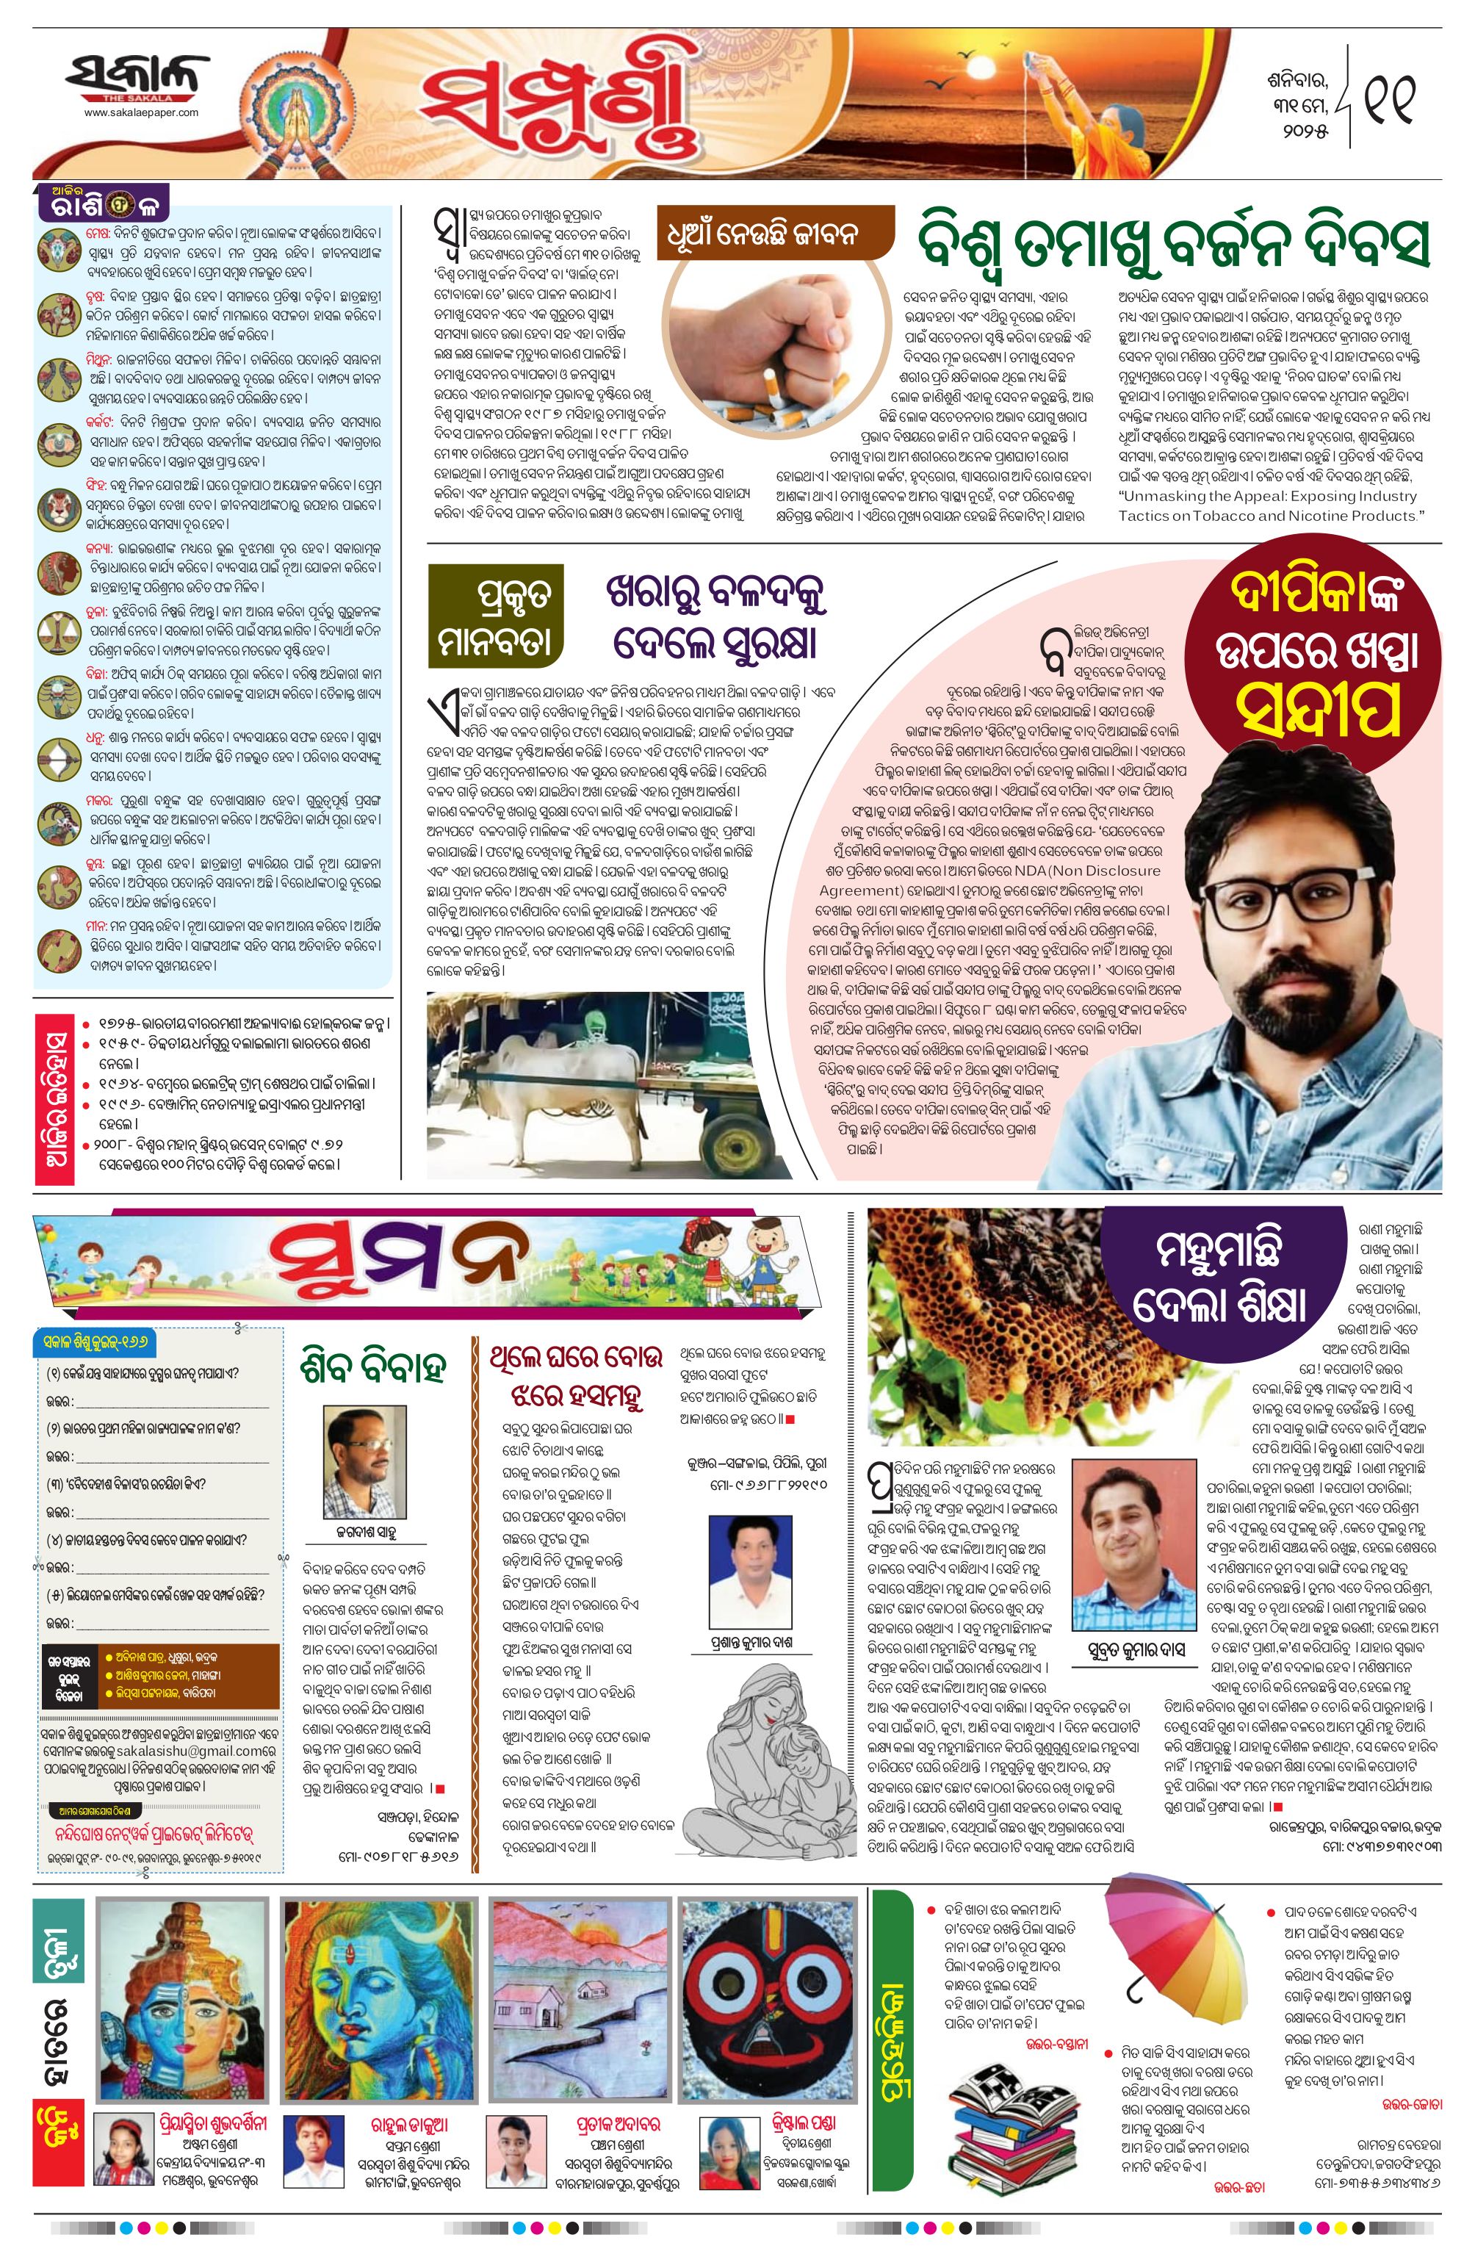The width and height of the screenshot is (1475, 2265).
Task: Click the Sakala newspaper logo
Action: [138, 77]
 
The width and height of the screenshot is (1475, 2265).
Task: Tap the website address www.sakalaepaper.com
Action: [141, 112]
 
